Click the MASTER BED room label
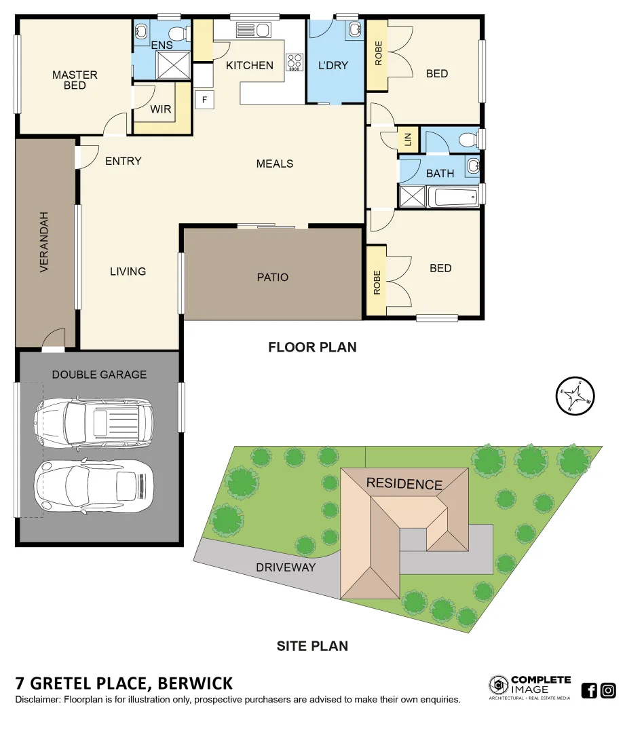pos(75,80)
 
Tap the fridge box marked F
pos(204,100)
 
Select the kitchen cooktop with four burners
pos(295,62)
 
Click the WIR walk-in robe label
pos(161,109)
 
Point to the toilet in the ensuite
pos(179,33)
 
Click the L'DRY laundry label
pos(333,65)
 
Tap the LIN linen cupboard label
pos(407,139)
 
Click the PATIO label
pos(272,277)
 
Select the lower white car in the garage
pos(94,486)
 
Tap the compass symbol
pos(575,396)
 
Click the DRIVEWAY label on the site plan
pos(285,567)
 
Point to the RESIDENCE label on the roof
pos(404,484)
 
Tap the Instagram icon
pos(608,691)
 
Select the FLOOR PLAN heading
pos(312,347)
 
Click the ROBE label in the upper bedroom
pos(378,54)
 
